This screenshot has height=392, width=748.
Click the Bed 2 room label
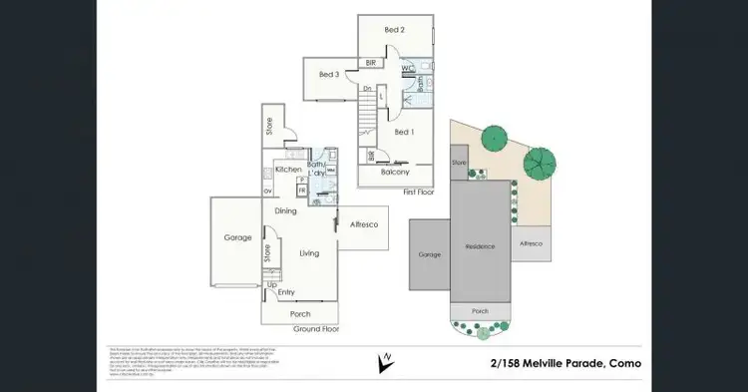point(395,30)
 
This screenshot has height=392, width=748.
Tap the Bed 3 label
point(329,75)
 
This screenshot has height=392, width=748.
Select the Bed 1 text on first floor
point(403,132)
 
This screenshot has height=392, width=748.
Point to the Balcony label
point(396,172)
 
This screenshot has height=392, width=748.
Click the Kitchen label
point(288,170)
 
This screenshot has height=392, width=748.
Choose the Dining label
point(286,210)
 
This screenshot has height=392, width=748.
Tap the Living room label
point(309,253)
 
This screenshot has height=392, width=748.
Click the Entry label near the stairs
point(286,292)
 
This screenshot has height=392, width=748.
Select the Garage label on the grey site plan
point(429,254)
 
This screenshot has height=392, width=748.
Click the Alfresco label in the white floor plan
point(361,226)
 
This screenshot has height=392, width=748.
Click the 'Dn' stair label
point(367,89)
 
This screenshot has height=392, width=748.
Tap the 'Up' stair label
point(270,284)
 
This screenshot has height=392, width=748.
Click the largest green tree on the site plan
point(540,161)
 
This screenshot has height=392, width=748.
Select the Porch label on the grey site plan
point(480,311)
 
